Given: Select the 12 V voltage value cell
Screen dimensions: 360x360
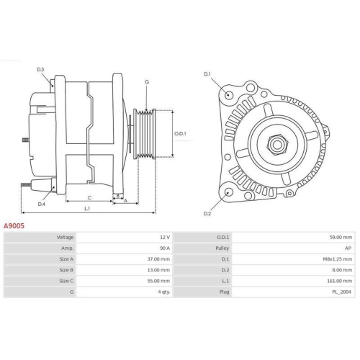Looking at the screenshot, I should pos(164,237).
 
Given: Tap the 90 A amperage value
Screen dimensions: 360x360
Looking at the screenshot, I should pos(164,248).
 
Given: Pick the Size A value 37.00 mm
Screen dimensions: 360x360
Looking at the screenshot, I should pos(158,258).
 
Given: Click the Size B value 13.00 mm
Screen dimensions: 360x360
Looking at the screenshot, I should pos(158,269).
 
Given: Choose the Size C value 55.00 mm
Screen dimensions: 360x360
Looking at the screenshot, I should pos(158,280).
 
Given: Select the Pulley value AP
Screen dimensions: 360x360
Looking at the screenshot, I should pos(348,248).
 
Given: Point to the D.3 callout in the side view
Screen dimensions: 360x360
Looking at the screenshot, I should pos(41,69).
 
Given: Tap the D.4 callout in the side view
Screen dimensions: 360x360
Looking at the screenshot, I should pos(41,204).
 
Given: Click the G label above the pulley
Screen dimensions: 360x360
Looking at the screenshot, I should pos(146,82).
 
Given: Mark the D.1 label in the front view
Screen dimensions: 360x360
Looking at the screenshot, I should pos(207,74).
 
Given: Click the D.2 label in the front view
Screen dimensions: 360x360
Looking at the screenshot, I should pos(207,213).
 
